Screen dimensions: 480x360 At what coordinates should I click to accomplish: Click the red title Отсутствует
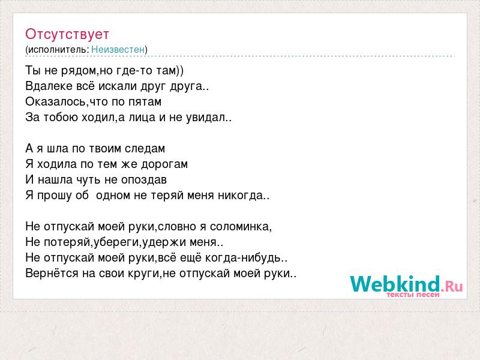point(67,34)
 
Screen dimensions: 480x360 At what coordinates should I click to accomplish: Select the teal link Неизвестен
point(118,49)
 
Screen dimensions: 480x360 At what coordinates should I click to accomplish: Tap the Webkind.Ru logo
point(406,284)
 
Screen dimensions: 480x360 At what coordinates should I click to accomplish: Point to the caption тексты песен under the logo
point(413,295)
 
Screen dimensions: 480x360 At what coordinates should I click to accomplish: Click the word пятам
point(145,103)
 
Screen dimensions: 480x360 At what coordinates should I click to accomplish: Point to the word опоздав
point(144,180)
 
